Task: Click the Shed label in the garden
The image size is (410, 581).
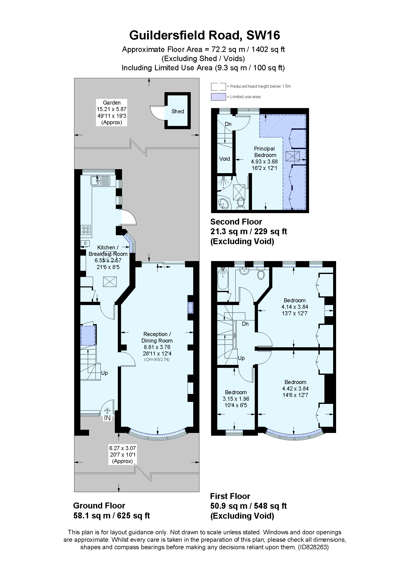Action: [x=178, y=111]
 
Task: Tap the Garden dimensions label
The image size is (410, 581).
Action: [x=111, y=113]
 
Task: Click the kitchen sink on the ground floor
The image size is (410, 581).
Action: [x=100, y=181]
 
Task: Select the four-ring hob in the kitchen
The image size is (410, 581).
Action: [x=86, y=230]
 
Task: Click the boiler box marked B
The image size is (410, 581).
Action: [x=85, y=243]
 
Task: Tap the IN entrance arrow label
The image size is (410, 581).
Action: [x=107, y=418]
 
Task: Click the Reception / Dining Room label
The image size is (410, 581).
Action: [x=157, y=344]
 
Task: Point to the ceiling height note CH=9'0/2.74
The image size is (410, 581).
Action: [x=157, y=360]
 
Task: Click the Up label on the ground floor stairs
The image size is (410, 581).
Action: [x=104, y=373]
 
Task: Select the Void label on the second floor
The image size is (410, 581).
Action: [x=224, y=159]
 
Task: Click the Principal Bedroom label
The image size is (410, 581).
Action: [x=264, y=152]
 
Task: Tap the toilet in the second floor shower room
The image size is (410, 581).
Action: [x=241, y=202]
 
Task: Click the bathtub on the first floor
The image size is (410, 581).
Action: [x=223, y=278]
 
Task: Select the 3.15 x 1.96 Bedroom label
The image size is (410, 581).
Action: [x=236, y=398]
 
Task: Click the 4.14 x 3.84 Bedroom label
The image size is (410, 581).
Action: [x=295, y=307]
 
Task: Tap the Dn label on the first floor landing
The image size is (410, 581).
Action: [x=245, y=324]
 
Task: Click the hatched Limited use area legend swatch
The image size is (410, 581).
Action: [x=218, y=97]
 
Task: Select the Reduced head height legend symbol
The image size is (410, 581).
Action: [x=218, y=86]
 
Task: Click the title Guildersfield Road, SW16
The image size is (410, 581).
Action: [x=205, y=36]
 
